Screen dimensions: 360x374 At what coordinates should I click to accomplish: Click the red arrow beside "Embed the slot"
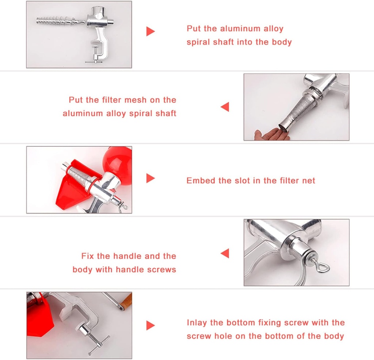point(150,178)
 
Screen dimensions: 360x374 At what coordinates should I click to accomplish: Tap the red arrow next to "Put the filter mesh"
point(225,107)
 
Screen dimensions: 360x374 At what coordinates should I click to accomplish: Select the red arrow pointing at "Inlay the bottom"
point(150,325)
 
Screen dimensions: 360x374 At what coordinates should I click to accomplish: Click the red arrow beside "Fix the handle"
point(225,253)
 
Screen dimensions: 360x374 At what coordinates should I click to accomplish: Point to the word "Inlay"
point(197,322)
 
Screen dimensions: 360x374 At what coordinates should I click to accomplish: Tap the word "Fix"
point(88,256)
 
